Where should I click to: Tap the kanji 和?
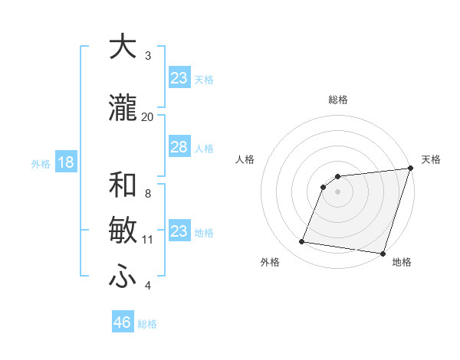pyautogui.click(x=123, y=185)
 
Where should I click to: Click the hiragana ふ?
pyautogui.click(x=123, y=277)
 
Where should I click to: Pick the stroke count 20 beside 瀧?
pyautogui.click(x=147, y=116)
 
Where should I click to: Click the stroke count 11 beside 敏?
pyautogui.click(x=147, y=240)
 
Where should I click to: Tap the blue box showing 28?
pyautogui.click(x=179, y=147)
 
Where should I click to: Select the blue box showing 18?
pyautogui.click(x=65, y=162)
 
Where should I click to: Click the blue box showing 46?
pyautogui.click(x=123, y=322)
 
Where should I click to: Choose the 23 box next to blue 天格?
pyautogui.click(x=179, y=78)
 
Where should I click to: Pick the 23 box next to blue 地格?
pyautogui.click(x=179, y=231)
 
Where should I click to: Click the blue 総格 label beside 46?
pyautogui.click(x=147, y=324)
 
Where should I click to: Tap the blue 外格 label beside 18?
pyautogui.click(x=41, y=163)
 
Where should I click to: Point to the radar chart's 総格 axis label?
pyautogui.click(x=337, y=100)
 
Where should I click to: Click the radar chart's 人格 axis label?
pyautogui.click(x=245, y=159)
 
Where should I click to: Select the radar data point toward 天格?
pyautogui.click(x=410, y=169)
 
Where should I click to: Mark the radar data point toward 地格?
pyautogui.click(x=382, y=253)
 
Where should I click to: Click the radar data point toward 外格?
pyautogui.click(x=302, y=242)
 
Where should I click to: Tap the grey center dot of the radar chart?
pyautogui.click(x=337, y=191)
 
